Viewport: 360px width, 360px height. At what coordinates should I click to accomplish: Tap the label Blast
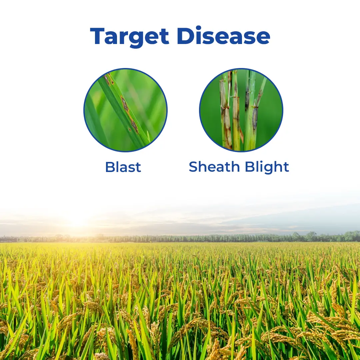[x=123, y=167]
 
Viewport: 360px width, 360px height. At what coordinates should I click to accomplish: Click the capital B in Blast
[x=110, y=167]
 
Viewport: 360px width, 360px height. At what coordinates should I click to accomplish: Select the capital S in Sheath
[x=193, y=167]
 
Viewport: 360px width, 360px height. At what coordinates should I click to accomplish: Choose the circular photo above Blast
[x=125, y=110]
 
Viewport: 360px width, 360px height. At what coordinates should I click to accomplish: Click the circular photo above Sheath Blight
[x=241, y=110]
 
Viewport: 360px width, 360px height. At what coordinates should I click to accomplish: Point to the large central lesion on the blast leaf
[x=125, y=104]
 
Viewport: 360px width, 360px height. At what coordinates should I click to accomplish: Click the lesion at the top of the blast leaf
[x=107, y=79]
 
